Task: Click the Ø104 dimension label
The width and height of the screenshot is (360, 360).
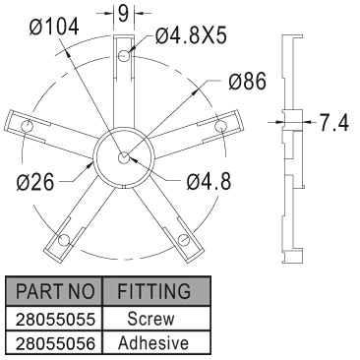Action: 54,27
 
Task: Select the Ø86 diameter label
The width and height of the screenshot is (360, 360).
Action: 248,82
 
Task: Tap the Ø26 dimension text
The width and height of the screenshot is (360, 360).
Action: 35,182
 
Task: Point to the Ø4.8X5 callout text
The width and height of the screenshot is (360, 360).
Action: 191,35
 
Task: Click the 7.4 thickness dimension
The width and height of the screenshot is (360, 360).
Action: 334,123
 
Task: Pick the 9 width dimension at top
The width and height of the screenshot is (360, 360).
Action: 123,14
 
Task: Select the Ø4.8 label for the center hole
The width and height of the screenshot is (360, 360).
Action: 209,181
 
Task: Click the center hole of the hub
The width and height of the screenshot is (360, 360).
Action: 124,157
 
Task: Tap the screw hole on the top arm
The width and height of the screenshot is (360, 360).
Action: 124,55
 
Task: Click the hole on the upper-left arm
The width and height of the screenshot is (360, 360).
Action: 27,126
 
